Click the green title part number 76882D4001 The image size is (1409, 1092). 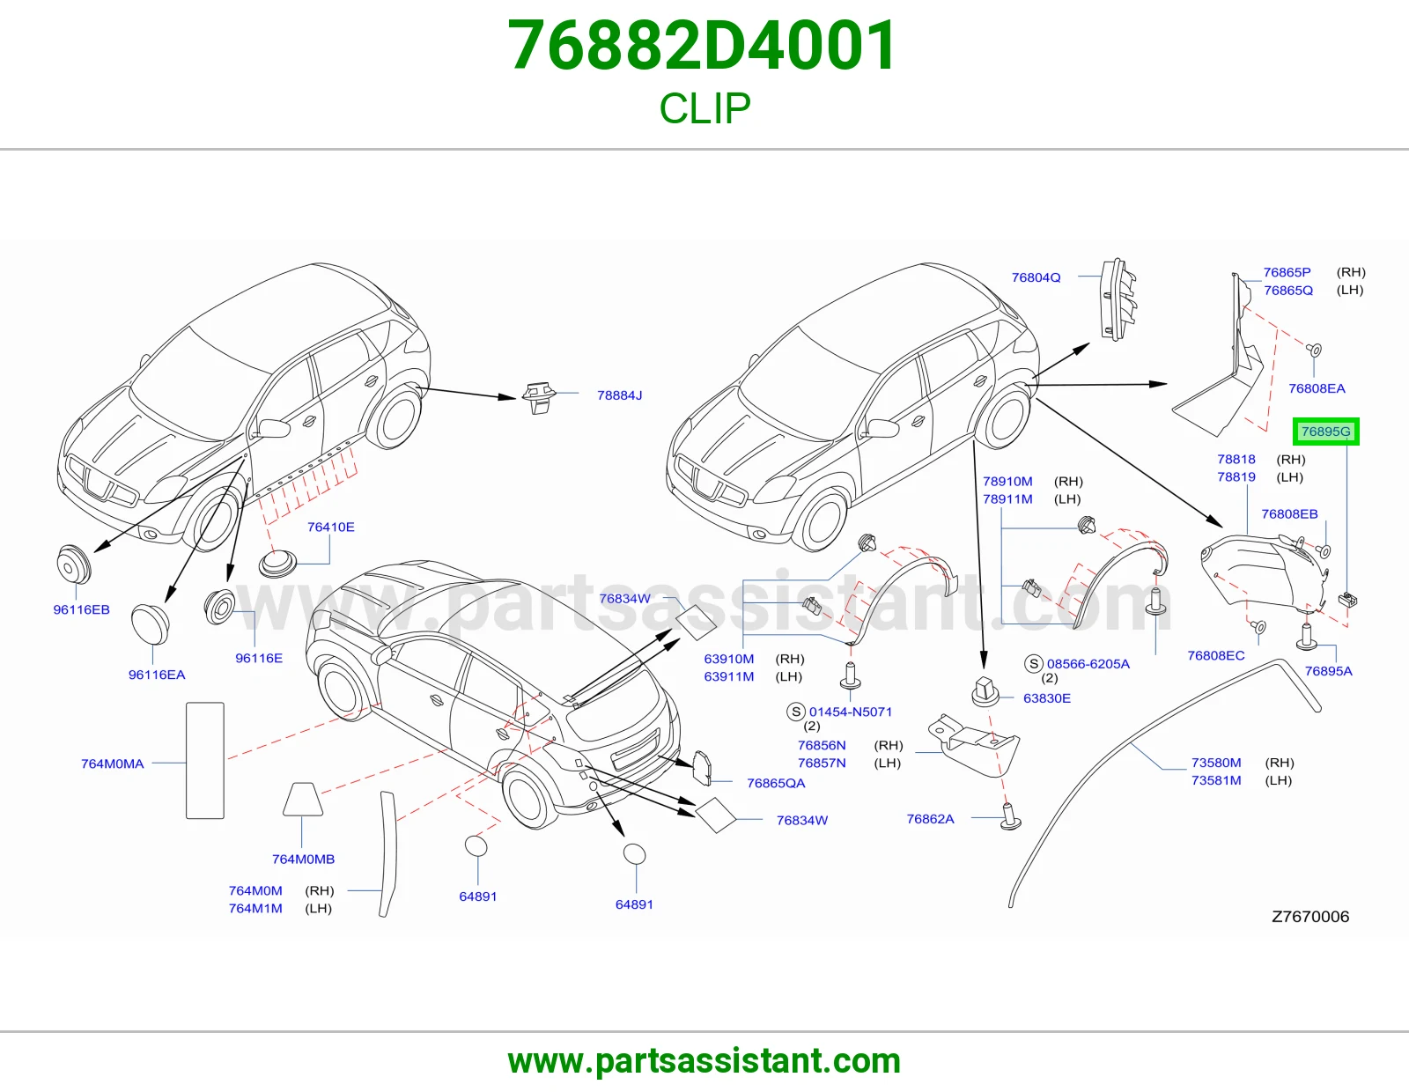(x=703, y=46)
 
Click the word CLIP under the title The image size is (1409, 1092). (x=704, y=108)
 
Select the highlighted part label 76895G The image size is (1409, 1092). (x=1326, y=432)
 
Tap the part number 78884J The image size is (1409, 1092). (x=619, y=395)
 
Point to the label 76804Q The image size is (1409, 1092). (x=1036, y=277)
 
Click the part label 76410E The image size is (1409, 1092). (x=331, y=528)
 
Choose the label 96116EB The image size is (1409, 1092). (x=82, y=609)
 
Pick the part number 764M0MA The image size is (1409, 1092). (x=112, y=764)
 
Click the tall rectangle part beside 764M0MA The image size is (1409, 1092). (x=205, y=760)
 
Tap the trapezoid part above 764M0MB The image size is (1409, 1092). (x=303, y=799)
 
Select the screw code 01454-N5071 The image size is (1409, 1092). (x=850, y=712)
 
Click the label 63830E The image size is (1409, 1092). (x=1047, y=698)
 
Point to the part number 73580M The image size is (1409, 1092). (x=1216, y=763)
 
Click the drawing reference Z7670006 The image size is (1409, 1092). (x=1310, y=916)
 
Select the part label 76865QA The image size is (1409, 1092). (x=776, y=784)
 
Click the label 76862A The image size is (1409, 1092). (x=931, y=819)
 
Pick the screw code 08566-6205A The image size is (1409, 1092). (x=1088, y=664)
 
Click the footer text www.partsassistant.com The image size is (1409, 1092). (x=704, y=1061)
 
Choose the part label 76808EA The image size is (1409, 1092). (x=1317, y=388)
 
